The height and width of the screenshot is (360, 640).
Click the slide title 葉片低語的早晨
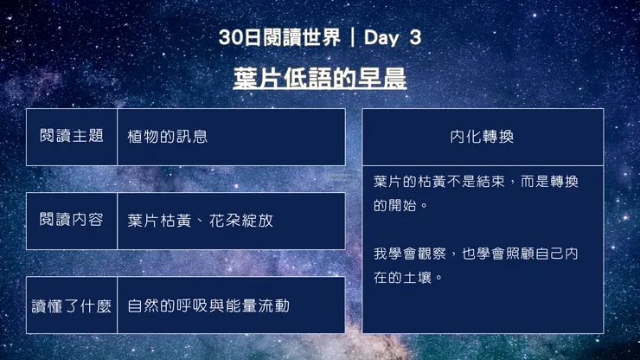(x=319, y=79)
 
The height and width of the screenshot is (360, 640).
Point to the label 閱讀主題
(x=72, y=136)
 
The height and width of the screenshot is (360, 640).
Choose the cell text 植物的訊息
(x=167, y=136)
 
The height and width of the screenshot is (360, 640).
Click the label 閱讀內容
(x=72, y=220)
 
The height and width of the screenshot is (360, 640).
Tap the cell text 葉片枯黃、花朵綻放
(x=200, y=220)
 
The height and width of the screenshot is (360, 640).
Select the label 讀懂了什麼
(x=72, y=305)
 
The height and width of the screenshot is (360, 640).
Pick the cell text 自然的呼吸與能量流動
(x=208, y=305)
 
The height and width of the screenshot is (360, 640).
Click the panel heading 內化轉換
(x=483, y=136)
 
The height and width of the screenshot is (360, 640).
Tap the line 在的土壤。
(x=408, y=278)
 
